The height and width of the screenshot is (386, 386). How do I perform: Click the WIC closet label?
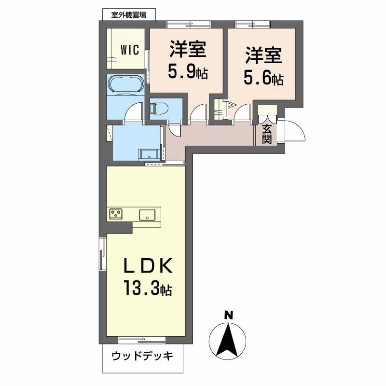pyautogui.click(x=130, y=50)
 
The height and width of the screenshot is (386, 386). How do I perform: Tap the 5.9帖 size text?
pyautogui.click(x=188, y=72)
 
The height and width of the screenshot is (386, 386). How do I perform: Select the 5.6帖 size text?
pyautogui.click(x=263, y=78)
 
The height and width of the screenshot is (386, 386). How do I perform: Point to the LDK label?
pyautogui.click(x=147, y=266)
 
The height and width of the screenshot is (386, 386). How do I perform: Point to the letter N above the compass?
pyautogui.click(x=229, y=316)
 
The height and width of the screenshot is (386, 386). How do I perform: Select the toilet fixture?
pyautogui.click(x=159, y=109)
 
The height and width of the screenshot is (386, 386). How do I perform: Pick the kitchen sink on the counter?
pyautogui.click(x=147, y=214)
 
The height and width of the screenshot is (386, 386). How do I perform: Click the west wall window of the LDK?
pyautogui.click(x=102, y=254)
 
